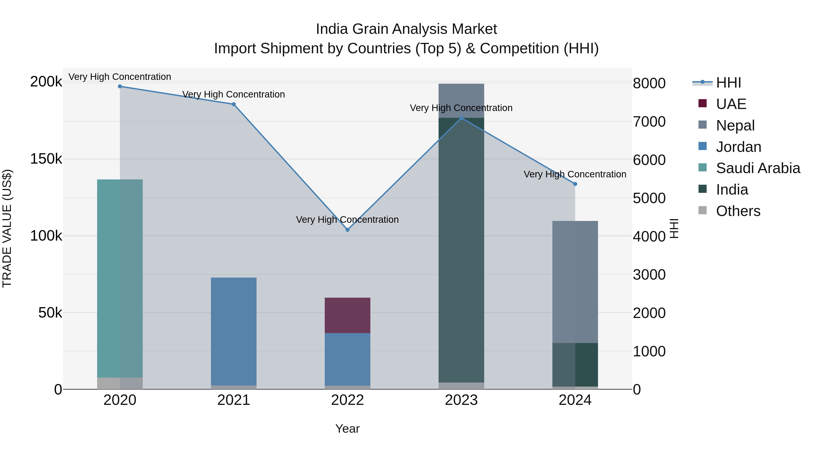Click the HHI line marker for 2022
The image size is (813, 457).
pos(348,230)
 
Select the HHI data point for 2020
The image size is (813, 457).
pos(120,86)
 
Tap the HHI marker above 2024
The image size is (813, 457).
pos(575,184)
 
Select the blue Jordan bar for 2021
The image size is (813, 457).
pos(234,331)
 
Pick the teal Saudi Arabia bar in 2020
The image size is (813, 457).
pos(120,278)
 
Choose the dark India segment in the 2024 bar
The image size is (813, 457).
pos(575,364)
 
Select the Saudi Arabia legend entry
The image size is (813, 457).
pos(757,168)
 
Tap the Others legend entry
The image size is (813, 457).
pos(738,211)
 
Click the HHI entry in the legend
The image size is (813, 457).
pos(728,83)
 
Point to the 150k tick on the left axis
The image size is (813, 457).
pos(46,159)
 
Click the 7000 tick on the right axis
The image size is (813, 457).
pos(649,122)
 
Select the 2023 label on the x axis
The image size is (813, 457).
pos(461,400)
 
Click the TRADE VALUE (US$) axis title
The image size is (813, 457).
pos(7,228)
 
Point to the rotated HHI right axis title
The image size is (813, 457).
pos(674,228)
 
